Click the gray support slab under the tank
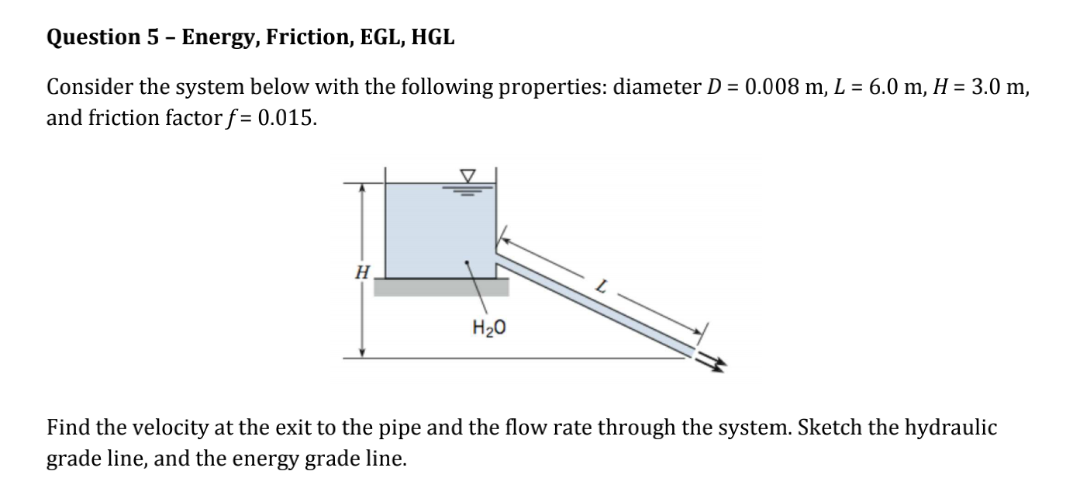click(441, 288)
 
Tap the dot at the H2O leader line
click(466, 262)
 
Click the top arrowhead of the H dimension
click(361, 187)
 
